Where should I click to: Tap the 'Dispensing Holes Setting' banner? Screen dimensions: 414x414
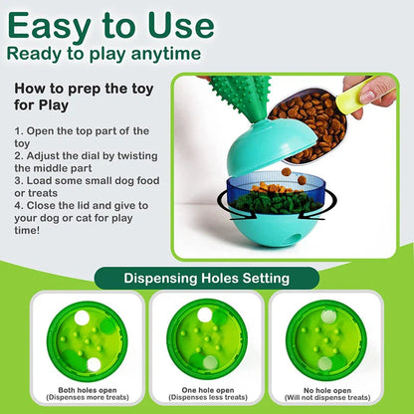207,279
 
